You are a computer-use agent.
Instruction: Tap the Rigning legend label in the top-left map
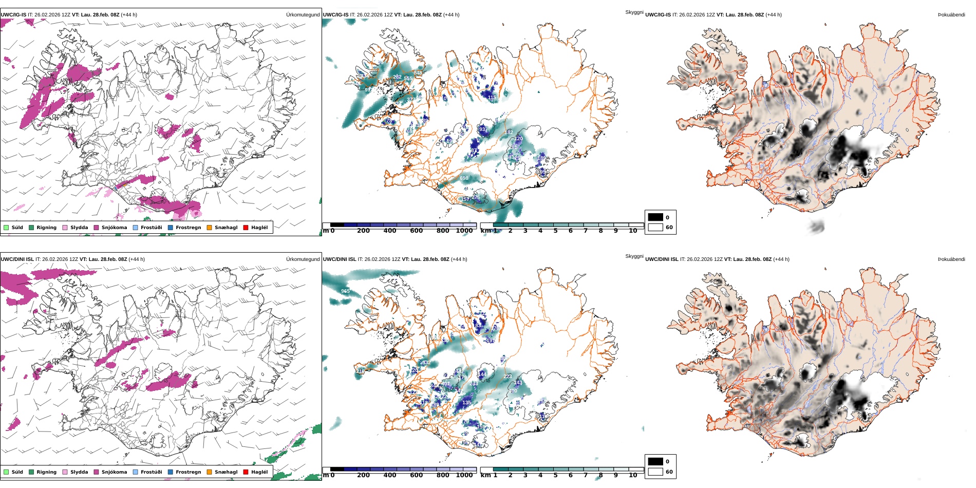pos(46,228)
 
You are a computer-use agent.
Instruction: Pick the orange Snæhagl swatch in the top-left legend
pos(209,228)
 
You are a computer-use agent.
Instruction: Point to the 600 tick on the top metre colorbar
pos(416,231)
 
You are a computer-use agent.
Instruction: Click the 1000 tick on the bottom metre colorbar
pos(464,475)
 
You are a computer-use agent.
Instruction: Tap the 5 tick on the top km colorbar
pos(555,231)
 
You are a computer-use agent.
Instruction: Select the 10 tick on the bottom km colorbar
pos(633,475)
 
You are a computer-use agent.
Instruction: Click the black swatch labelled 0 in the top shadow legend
pos(655,217)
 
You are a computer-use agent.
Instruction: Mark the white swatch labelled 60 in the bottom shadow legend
pos(655,472)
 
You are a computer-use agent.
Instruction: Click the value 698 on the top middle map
pos(464,178)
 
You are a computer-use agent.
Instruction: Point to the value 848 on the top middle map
pos(418,73)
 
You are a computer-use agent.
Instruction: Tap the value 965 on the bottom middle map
pos(345,291)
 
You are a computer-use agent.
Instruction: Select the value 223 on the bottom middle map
pos(508,377)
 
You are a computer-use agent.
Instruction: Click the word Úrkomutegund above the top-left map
pos(303,15)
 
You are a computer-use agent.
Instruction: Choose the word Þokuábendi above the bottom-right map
pos(951,259)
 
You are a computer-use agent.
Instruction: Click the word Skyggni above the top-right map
pos(634,12)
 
